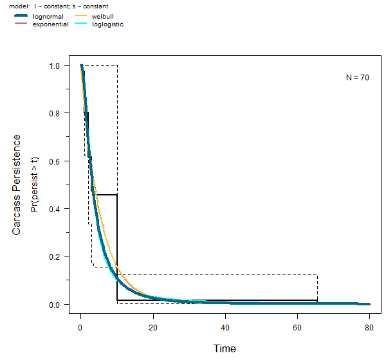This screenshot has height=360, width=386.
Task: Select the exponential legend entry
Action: coord(50,24)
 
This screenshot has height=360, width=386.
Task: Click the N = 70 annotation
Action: coord(357,78)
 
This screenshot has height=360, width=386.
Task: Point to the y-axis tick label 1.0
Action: coord(55,66)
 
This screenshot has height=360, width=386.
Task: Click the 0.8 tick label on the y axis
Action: coord(55,113)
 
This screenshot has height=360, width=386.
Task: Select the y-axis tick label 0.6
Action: coord(55,161)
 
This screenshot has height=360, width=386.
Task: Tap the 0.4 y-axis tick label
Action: coord(55,209)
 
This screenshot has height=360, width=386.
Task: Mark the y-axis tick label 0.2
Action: coord(55,256)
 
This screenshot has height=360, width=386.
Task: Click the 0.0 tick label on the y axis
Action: coord(55,304)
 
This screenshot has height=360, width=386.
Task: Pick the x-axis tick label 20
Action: coord(153,326)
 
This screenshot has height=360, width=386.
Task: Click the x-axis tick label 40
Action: coord(225,326)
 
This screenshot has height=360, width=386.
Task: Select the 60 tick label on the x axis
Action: coord(297,326)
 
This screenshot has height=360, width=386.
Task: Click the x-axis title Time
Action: coord(225,349)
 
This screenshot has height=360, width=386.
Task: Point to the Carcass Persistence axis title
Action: coord(17,184)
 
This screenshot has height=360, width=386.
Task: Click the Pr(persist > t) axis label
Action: coord(35,184)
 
